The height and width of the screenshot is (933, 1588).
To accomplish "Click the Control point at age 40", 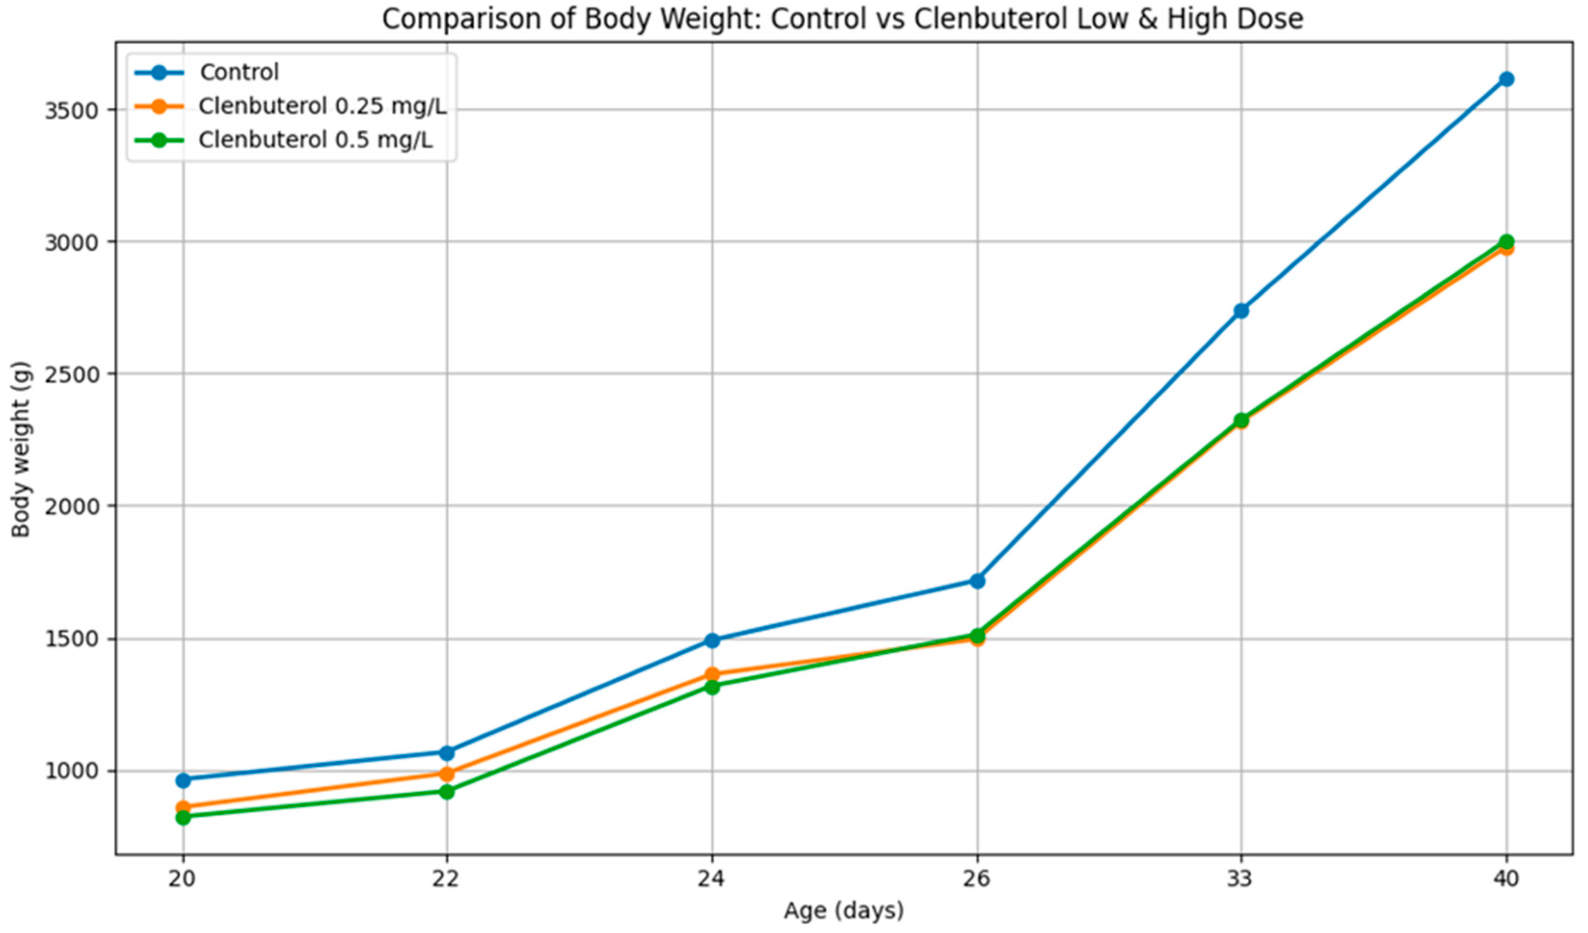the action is [x=1506, y=79].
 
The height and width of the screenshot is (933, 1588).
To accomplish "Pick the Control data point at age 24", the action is [x=712, y=641].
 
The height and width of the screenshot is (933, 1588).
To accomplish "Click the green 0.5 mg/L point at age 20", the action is [x=183, y=818].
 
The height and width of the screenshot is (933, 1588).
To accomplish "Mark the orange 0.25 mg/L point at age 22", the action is [x=447, y=774].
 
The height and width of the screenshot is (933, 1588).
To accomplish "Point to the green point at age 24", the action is [x=712, y=686].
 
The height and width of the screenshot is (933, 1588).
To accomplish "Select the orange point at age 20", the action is [x=183, y=807].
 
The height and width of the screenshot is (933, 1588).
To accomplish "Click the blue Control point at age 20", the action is [x=183, y=780].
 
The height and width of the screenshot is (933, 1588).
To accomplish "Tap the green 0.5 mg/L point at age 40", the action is [x=1506, y=241].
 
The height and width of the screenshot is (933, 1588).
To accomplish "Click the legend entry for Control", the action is [x=239, y=72].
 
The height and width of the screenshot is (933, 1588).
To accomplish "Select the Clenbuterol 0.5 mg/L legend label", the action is [x=316, y=140].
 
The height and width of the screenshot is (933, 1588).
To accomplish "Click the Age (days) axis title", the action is [x=844, y=911].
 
